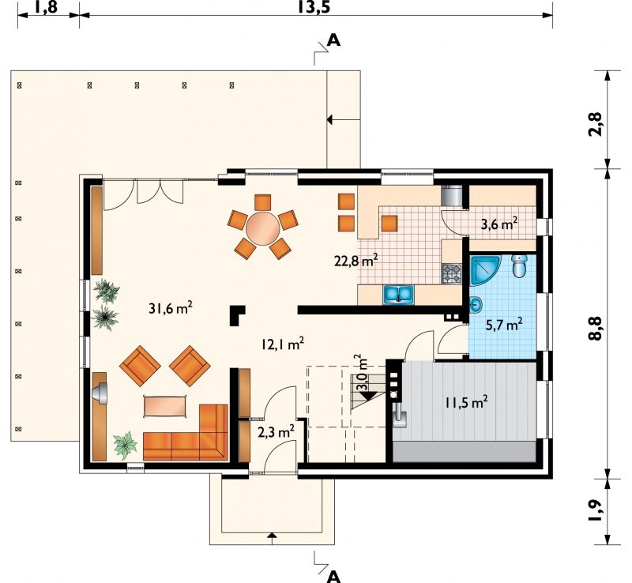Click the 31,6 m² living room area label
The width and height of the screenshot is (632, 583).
171,308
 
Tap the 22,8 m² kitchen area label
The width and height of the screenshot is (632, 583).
356,261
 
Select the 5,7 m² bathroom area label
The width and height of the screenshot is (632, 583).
504,325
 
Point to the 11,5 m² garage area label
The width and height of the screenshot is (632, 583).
466,402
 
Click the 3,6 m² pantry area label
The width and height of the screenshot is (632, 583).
499,224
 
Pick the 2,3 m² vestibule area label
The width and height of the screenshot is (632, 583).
276,432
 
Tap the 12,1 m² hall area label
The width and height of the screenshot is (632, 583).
282,344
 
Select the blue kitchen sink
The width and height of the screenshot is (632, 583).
398,294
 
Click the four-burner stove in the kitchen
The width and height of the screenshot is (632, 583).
452,273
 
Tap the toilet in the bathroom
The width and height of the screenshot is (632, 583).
520,265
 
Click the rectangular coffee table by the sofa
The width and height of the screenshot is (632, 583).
165,405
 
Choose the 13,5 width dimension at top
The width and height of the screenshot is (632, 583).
314,7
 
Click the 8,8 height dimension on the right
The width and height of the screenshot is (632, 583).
596,328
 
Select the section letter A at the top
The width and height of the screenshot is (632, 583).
334,40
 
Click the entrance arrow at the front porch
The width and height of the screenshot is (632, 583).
272,535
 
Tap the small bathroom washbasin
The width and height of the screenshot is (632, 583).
476,305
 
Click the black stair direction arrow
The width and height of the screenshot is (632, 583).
368,396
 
